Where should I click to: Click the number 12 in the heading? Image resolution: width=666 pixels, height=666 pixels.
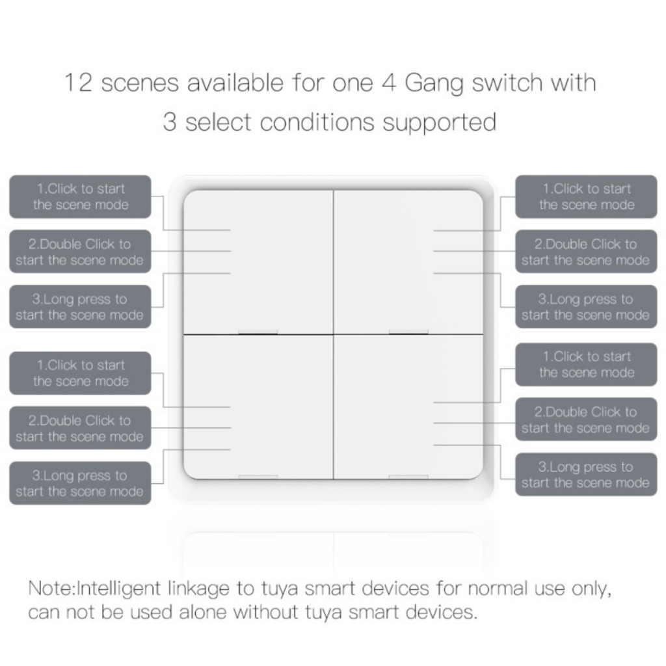(79, 83)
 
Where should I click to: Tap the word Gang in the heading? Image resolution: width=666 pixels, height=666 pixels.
(434, 84)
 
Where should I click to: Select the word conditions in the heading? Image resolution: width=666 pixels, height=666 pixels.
(317, 122)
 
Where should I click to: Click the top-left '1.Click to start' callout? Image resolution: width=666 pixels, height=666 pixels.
(80, 196)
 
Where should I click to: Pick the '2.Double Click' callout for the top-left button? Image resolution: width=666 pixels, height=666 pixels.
(80, 252)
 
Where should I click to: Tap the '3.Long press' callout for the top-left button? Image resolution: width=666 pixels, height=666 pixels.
(80, 307)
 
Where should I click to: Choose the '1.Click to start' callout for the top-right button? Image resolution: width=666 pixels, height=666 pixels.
(586, 196)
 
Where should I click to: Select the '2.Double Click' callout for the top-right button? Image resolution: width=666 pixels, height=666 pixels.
(586, 252)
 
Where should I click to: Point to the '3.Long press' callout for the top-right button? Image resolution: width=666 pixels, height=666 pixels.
(586, 307)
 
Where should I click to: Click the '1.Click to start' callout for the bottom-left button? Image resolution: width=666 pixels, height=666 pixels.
(80, 373)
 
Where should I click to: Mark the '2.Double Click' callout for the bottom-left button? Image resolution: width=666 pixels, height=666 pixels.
(80, 428)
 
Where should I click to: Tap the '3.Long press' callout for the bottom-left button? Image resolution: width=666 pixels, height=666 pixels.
(80, 483)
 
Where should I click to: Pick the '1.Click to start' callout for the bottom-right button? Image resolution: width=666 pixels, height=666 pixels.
(586, 364)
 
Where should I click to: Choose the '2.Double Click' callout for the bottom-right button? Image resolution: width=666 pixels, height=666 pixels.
(586, 420)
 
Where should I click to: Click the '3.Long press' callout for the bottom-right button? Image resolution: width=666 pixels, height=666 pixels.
(586, 474)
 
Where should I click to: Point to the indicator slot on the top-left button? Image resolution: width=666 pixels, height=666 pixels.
(258, 332)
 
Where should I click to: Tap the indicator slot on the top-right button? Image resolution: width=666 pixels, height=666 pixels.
(408, 332)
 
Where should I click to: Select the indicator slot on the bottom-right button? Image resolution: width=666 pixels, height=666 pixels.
(408, 477)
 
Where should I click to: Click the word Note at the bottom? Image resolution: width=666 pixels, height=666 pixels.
(50, 589)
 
